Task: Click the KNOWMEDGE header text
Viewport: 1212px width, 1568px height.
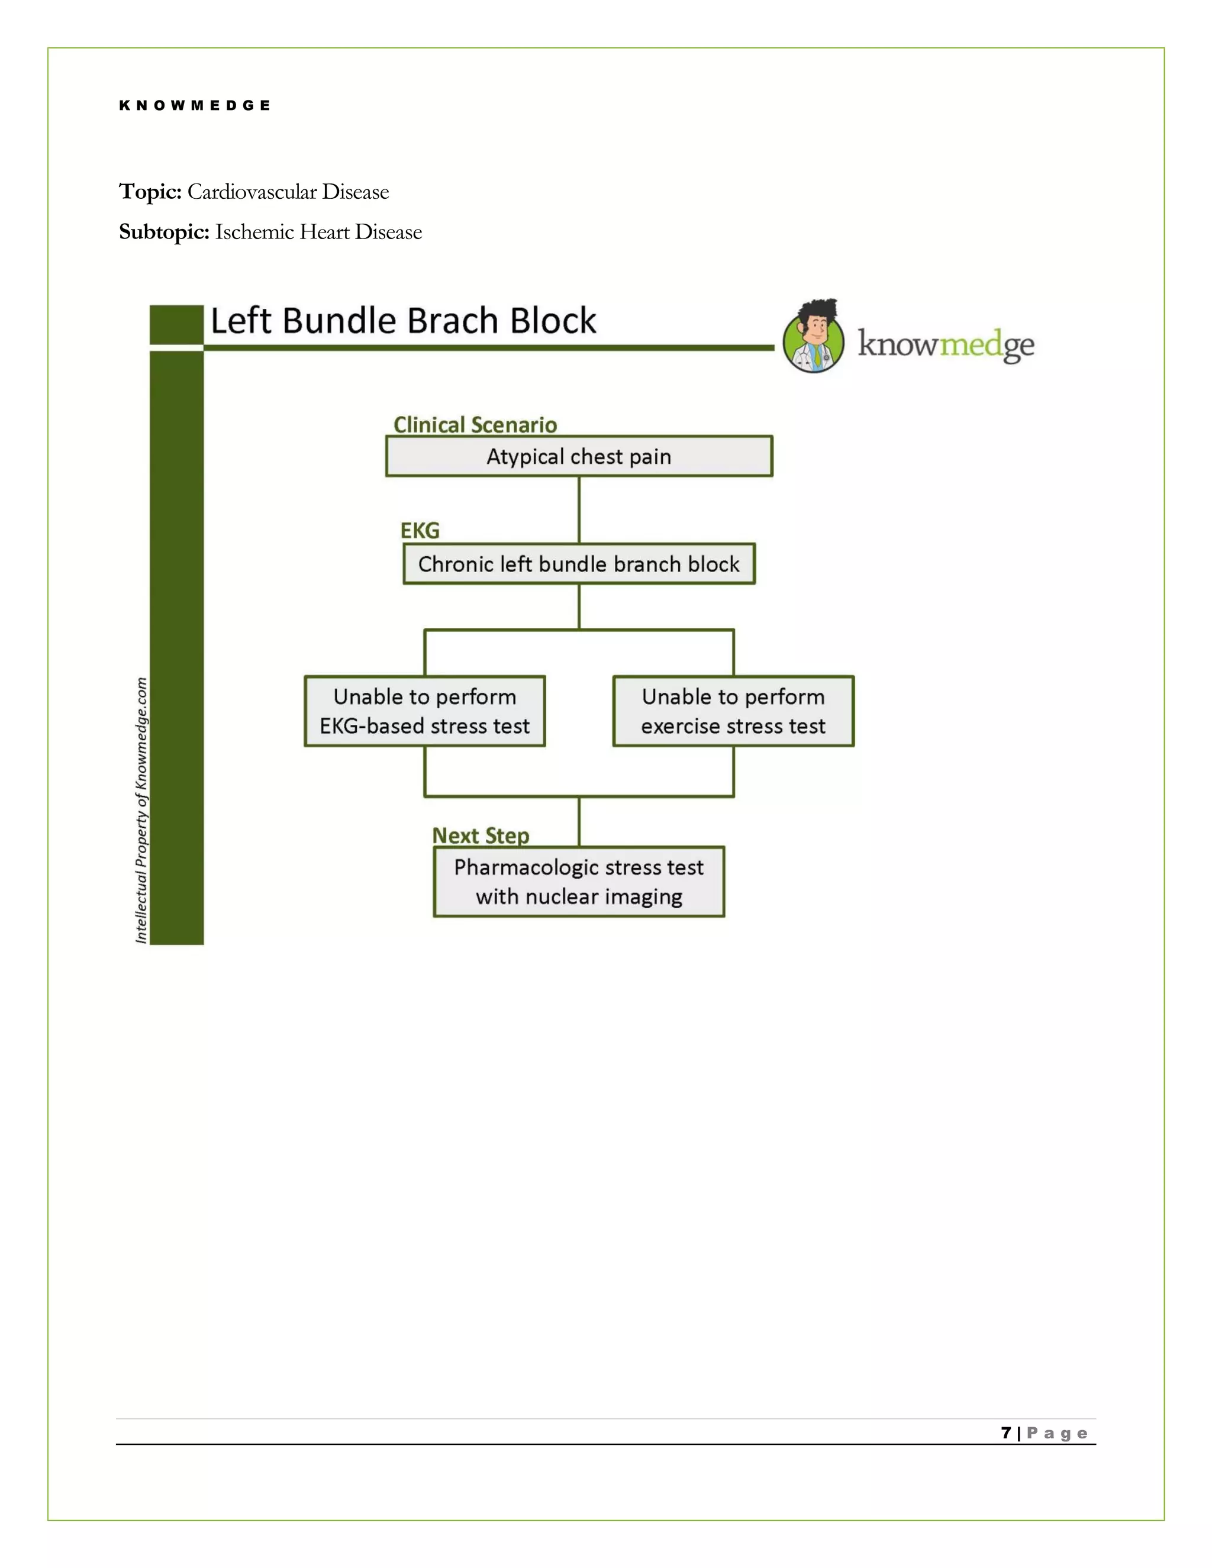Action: (x=195, y=105)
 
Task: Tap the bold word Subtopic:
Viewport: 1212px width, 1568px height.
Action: (x=164, y=232)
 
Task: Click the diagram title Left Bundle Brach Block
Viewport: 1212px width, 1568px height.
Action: (x=403, y=321)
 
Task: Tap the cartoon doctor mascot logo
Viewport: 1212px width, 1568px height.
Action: (x=814, y=336)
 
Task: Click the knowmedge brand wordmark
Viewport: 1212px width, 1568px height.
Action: (x=946, y=346)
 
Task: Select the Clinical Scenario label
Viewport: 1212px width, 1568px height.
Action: (x=475, y=425)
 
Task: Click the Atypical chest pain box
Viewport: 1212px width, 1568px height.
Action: (x=579, y=457)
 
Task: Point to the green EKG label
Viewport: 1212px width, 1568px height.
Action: (x=420, y=531)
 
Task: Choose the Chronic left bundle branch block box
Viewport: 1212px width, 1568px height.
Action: (x=579, y=564)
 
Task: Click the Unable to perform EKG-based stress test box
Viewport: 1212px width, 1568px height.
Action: (x=424, y=711)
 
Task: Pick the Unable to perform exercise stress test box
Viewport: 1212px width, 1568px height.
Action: (x=733, y=711)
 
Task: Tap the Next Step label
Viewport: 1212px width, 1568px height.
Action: (x=481, y=835)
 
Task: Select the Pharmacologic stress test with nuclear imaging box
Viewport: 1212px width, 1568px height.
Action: (x=579, y=882)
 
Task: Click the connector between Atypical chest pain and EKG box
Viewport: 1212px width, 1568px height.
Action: (x=579, y=509)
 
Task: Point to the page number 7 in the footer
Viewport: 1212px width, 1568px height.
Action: (x=1006, y=1433)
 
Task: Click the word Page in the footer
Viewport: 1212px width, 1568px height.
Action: (x=1057, y=1434)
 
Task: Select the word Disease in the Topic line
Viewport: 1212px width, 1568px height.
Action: (x=356, y=192)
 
